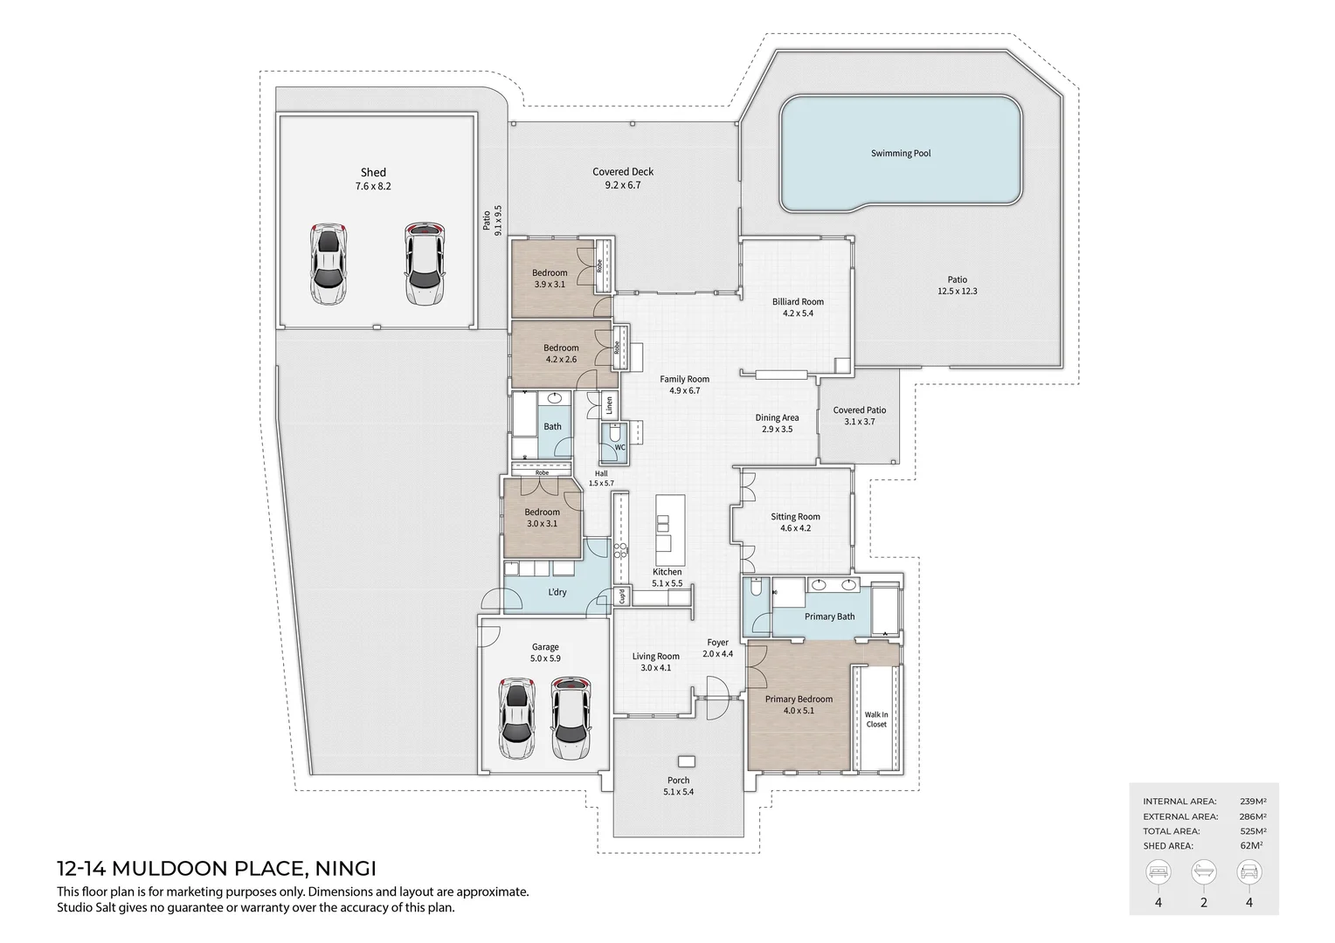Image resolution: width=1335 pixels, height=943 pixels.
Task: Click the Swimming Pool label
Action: tap(900, 154)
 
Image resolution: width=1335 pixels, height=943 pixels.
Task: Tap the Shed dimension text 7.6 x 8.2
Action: tap(373, 187)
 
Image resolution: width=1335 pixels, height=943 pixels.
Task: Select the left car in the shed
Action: tap(327, 265)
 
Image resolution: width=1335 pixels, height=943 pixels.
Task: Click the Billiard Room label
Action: tap(798, 302)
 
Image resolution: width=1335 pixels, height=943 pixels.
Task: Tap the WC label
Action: tap(619, 447)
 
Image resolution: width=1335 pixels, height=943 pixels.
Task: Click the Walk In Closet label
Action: tap(876, 719)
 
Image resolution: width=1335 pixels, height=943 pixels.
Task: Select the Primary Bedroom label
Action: tap(799, 699)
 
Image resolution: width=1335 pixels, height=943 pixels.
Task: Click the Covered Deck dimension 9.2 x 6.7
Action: tap(623, 185)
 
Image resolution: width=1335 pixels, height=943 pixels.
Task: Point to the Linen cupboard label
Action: tap(609, 405)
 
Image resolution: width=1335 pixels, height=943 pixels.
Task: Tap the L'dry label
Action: tap(557, 592)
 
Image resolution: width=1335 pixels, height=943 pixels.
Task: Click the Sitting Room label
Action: tap(795, 517)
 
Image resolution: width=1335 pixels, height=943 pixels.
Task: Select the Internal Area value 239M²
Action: tap(1253, 801)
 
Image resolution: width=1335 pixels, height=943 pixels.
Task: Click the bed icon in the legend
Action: tap(1159, 871)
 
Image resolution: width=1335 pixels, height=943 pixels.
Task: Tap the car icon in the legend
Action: tap(1249, 871)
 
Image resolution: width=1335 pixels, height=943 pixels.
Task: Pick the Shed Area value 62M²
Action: tap(1255, 846)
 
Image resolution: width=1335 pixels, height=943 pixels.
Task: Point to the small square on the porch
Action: tap(687, 761)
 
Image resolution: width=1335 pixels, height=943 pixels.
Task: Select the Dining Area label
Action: tap(777, 418)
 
